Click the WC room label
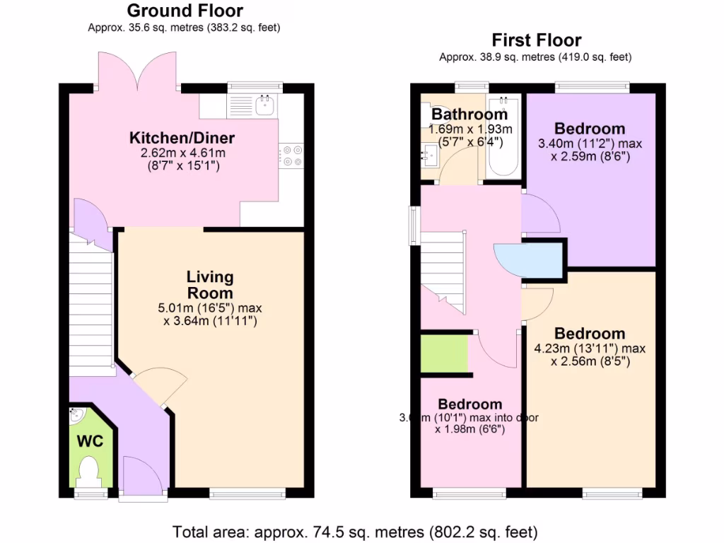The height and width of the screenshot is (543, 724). coord(90,442)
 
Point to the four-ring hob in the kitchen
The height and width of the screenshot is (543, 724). coord(292,156)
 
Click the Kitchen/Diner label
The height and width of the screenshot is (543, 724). coord(182,137)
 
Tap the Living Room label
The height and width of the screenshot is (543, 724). coord(210,285)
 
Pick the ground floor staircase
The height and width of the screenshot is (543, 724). coord(91,304)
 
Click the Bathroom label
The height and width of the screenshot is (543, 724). coord(469,114)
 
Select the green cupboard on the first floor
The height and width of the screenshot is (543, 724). coord(444,354)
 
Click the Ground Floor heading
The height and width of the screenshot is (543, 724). coord(185,11)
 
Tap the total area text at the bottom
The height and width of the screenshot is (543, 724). coord(356,530)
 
